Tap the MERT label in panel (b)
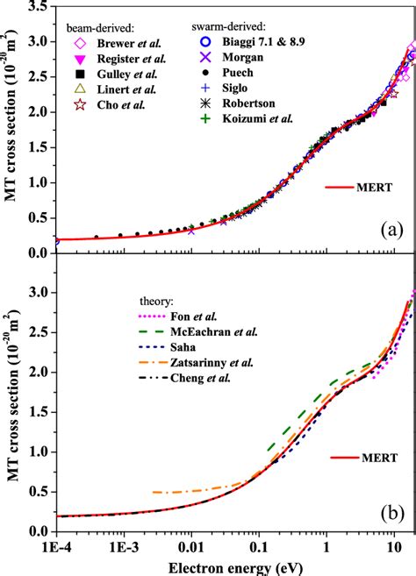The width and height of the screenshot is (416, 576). click(x=370, y=457)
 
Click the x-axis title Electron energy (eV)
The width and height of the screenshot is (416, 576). click(x=234, y=565)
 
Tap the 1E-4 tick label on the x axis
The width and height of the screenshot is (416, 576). click(x=58, y=544)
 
